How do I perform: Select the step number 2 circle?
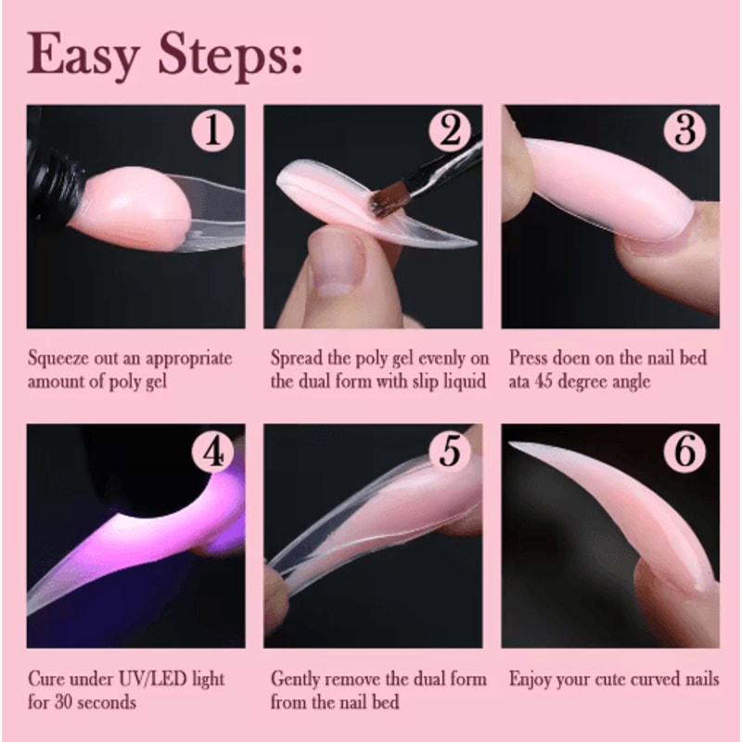tap(450, 131)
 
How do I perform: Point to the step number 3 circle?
tap(686, 131)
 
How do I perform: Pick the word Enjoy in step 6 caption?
tap(531, 680)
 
